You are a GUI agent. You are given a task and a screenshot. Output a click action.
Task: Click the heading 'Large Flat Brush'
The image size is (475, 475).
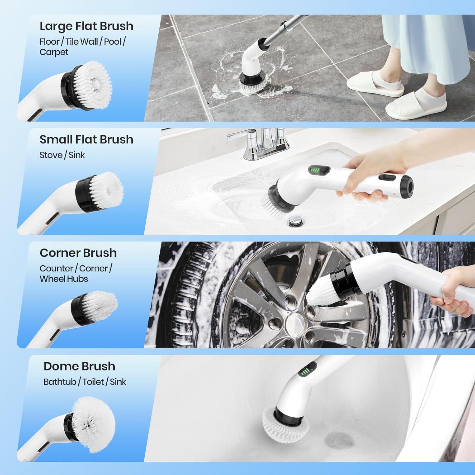[x=86, y=26]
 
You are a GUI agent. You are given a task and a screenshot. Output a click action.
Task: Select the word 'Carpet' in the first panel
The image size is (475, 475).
[x=54, y=52]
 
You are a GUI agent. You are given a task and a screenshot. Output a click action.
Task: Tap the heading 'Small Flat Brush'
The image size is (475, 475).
[x=86, y=140]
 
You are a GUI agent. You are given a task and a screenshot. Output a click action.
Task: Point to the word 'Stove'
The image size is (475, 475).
[x=51, y=155]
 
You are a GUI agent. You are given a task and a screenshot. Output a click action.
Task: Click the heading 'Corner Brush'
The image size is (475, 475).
[x=78, y=253]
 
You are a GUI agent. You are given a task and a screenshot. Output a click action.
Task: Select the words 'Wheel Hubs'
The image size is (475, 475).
[x=64, y=279]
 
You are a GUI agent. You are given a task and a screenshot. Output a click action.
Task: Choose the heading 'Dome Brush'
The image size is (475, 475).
[x=79, y=366]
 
